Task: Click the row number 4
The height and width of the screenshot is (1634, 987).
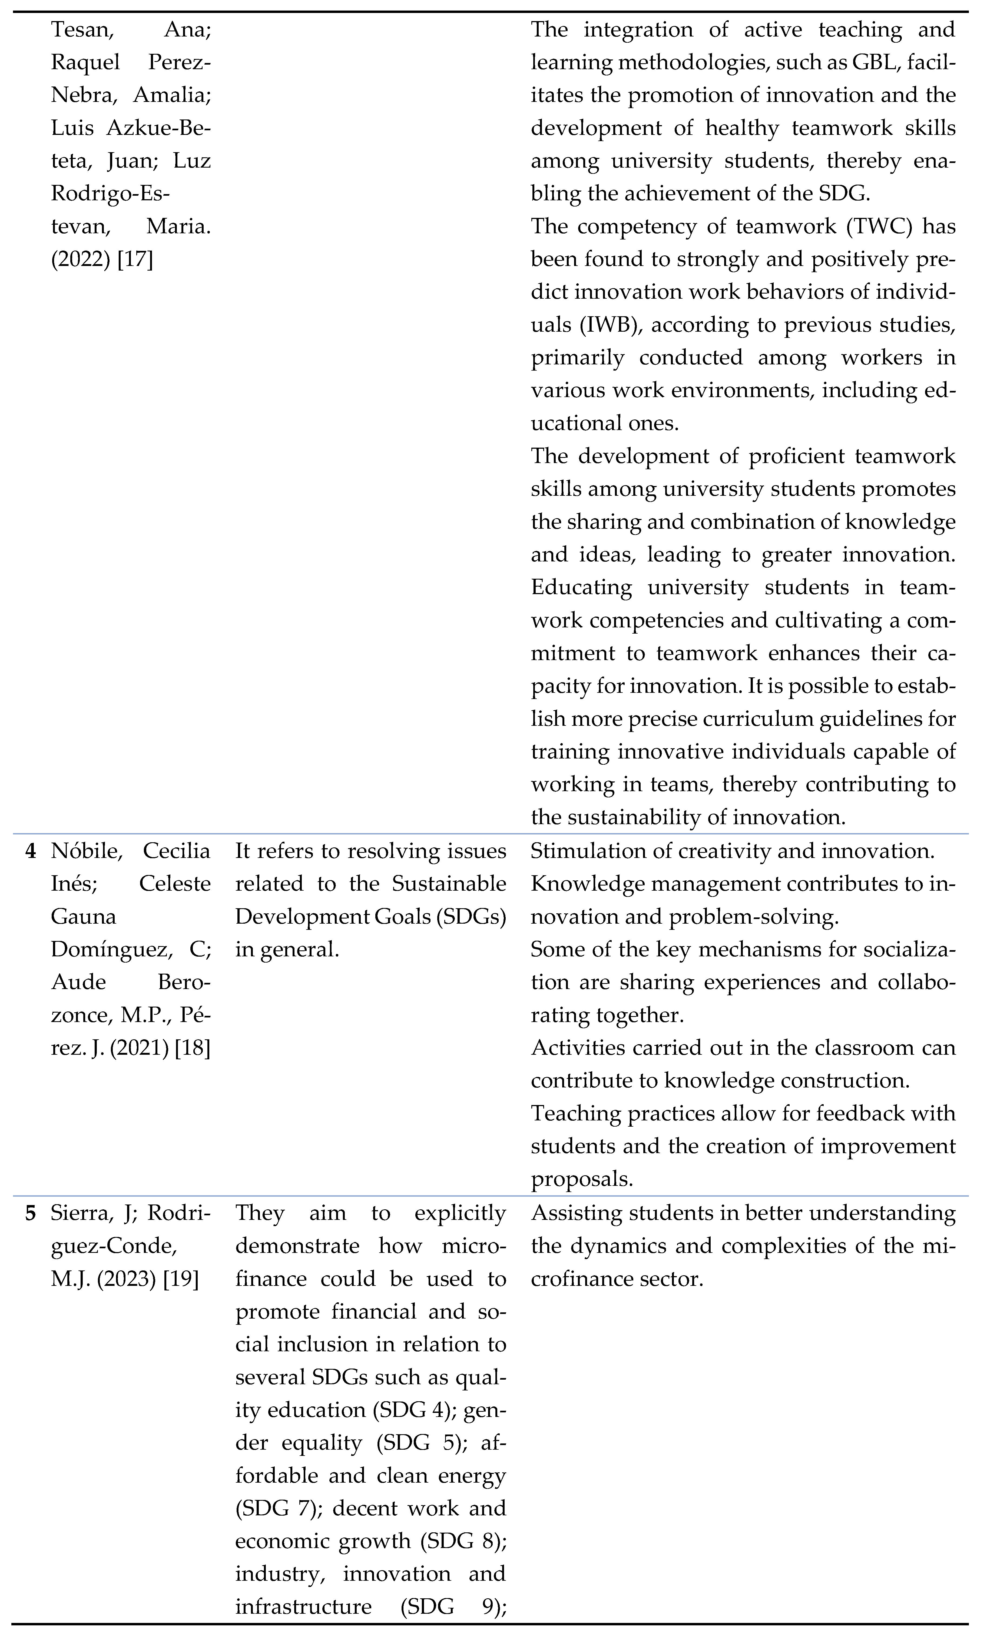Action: pos(31,851)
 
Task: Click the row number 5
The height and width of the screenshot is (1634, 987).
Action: pos(31,1213)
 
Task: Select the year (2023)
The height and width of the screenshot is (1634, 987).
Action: pos(126,1279)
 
